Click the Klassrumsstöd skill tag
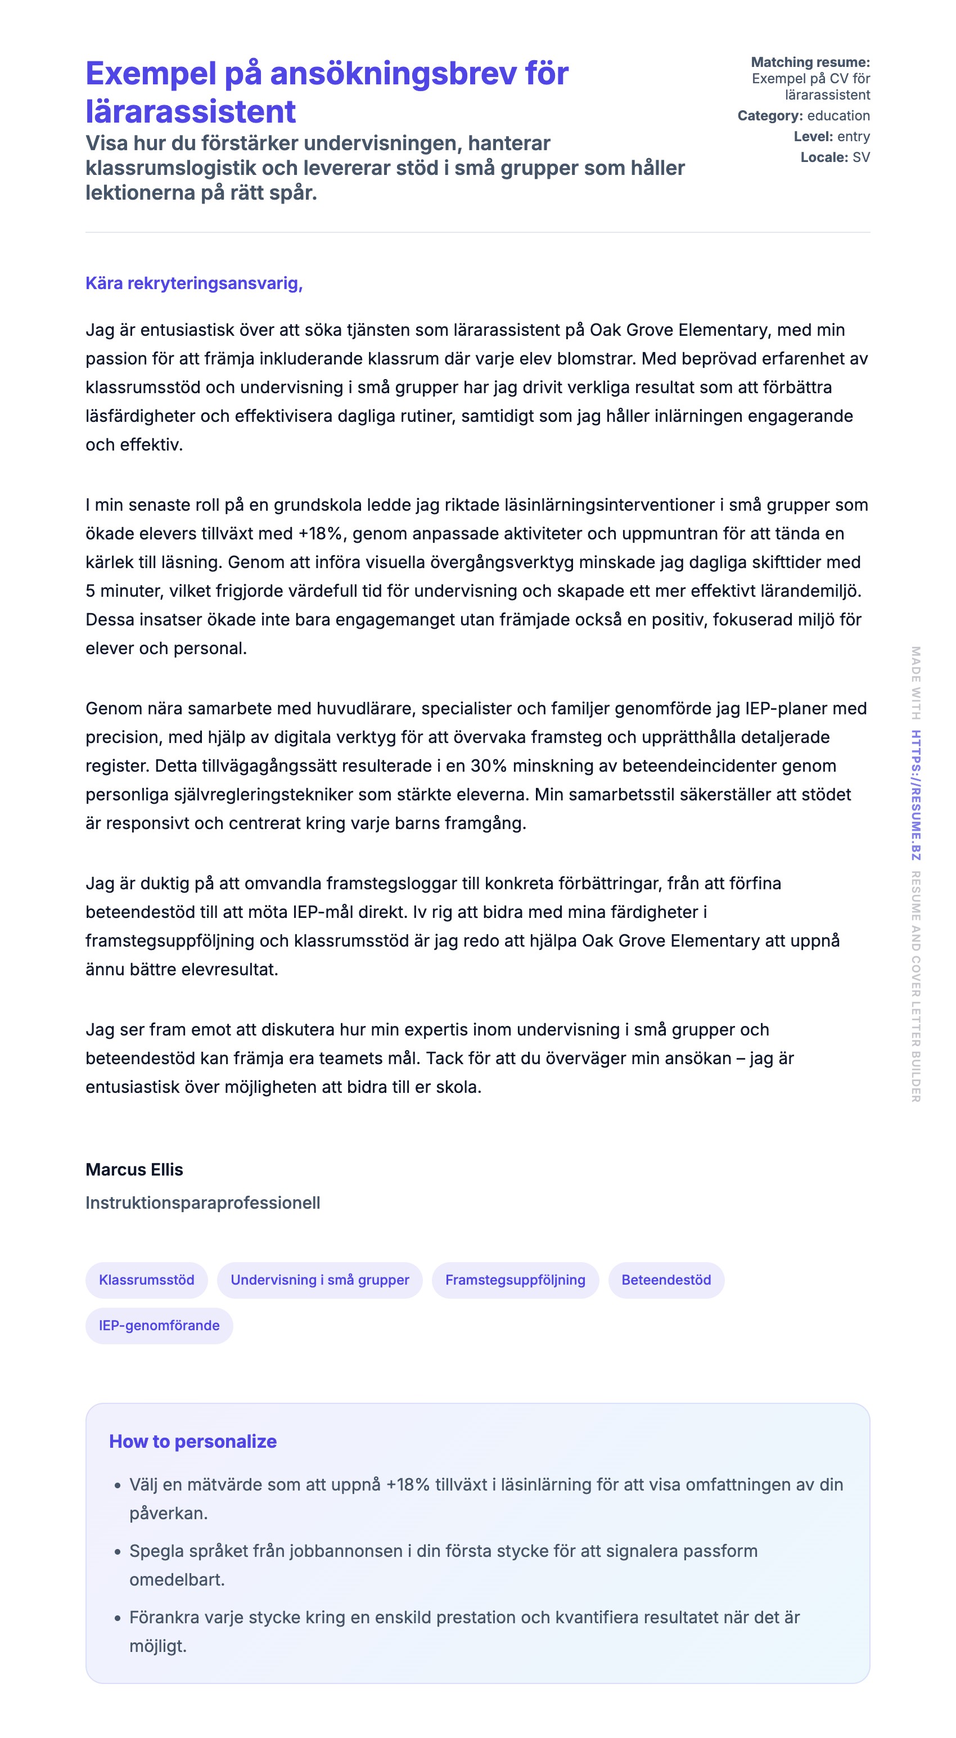(146, 1280)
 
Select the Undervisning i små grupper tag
(320, 1280)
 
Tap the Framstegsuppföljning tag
(515, 1280)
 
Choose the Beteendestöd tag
(666, 1280)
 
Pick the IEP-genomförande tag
(159, 1325)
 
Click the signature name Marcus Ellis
(134, 1169)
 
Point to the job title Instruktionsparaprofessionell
(202, 1203)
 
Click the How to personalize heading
(193, 1441)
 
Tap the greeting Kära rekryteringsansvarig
(193, 283)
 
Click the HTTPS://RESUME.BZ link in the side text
(916, 795)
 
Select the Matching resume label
(810, 62)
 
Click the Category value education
(838, 115)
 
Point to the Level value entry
(854, 136)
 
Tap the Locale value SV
(861, 157)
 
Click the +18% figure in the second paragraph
(322, 534)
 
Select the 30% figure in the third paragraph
(489, 766)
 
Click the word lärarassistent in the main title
(191, 111)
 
